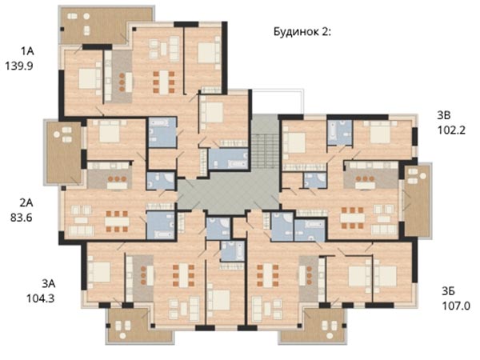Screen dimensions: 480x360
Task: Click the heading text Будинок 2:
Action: [302, 31]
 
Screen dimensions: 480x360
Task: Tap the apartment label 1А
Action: [27, 51]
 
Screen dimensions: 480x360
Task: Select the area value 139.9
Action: [19, 66]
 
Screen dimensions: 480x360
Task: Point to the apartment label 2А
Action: [26, 202]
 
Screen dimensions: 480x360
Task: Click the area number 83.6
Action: [21, 218]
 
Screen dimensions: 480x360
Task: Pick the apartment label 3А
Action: [48, 284]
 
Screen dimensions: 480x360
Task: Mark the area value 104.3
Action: [41, 298]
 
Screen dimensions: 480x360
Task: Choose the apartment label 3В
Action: [444, 116]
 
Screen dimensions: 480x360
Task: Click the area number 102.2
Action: [451, 130]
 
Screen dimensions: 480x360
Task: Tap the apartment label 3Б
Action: [449, 291]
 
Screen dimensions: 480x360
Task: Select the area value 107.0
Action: [456, 306]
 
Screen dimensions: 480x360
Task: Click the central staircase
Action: [265, 150]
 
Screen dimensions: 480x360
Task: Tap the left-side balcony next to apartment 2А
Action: [64, 152]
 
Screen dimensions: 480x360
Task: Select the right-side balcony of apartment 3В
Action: [418, 201]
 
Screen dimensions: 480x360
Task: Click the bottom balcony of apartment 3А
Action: [140, 325]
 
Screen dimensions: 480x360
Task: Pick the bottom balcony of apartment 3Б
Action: [314, 325]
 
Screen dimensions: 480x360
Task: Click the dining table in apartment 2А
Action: [117, 221]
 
